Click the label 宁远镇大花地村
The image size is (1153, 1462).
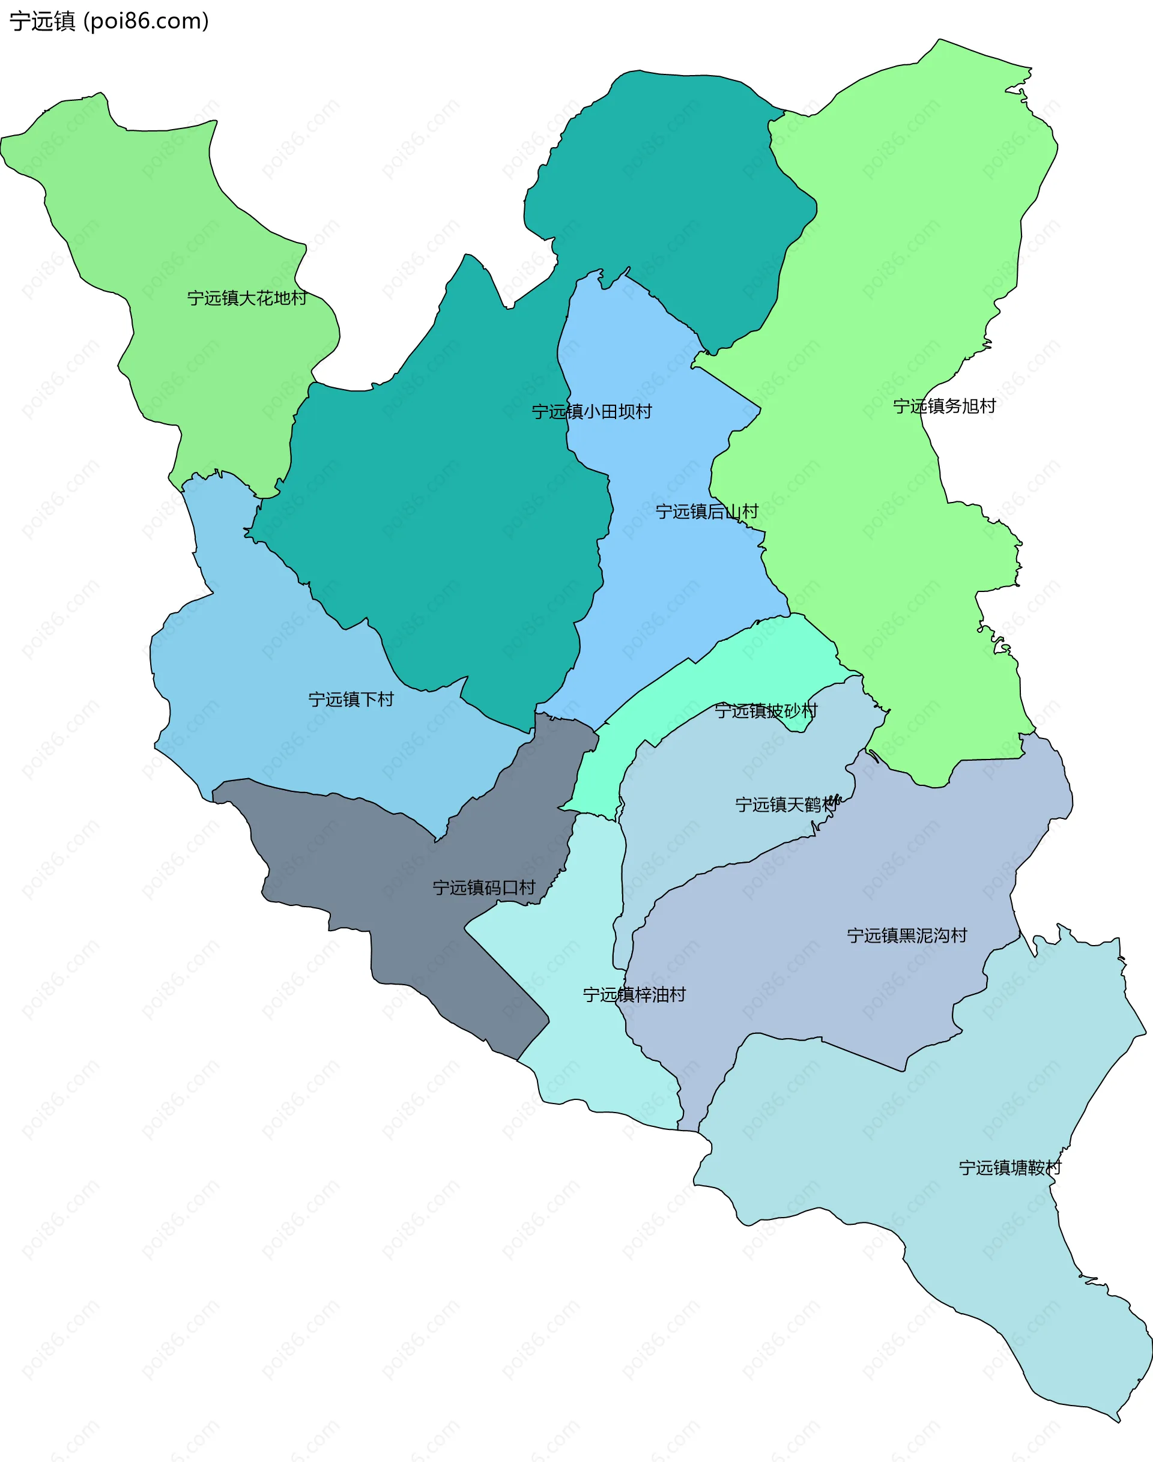click(247, 298)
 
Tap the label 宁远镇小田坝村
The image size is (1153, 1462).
click(592, 411)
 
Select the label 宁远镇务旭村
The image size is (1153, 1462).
click(945, 406)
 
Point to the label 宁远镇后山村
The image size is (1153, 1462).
click(707, 512)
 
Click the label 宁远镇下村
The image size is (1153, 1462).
click(351, 699)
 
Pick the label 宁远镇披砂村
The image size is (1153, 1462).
click(766, 711)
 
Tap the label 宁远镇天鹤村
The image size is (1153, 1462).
click(787, 805)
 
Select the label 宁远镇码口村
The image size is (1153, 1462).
click(484, 887)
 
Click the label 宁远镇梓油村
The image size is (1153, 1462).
click(634, 994)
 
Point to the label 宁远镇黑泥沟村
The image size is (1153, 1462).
click(907, 935)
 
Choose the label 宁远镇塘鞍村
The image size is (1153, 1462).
click(1010, 1168)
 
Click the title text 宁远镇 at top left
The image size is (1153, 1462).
click(42, 21)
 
